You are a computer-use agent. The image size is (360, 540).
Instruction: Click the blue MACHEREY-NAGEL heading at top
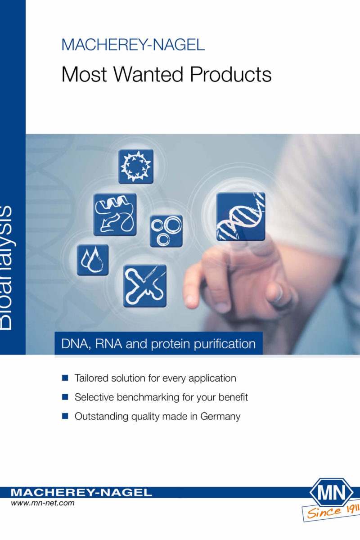point(133,45)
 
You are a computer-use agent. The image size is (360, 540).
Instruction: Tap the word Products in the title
point(231,74)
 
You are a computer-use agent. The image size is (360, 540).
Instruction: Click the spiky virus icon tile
point(136,166)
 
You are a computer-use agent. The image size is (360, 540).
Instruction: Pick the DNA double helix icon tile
point(241,216)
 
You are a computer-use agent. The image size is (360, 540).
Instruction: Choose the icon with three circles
point(166,231)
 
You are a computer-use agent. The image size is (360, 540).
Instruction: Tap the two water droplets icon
point(93,260)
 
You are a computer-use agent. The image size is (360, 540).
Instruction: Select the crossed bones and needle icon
point(145,286)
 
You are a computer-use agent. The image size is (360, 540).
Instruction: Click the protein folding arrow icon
point(115,214)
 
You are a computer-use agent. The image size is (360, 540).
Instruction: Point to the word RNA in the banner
point(108,344)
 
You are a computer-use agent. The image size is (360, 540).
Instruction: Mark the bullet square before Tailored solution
point(65,378)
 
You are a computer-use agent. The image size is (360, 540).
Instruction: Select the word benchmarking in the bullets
point(148,397)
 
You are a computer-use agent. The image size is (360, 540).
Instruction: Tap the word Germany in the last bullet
point(220,417)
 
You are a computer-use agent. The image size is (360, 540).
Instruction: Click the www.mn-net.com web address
point(43,503)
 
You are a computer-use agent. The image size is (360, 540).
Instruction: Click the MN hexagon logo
point(332,493)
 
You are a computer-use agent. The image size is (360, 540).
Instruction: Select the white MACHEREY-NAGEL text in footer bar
point(81,492)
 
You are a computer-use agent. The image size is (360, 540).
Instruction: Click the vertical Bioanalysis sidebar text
point(6,268)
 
